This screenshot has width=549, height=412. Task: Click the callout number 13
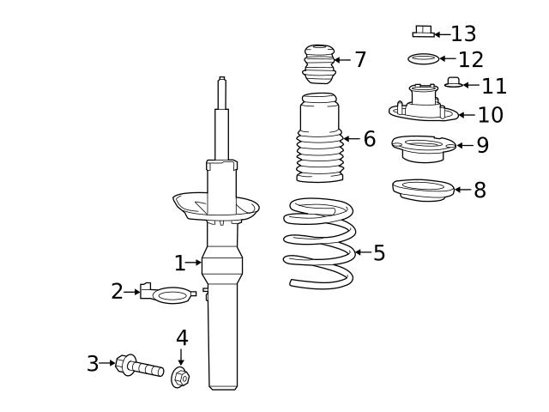[x=463, y=34]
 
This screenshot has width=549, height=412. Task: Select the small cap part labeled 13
[x=422, y=32]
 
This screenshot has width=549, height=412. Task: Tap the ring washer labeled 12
[x=422, y=59]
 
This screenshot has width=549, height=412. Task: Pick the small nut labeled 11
[x=454, y=83]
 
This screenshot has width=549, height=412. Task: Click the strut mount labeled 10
[x=423, y=105]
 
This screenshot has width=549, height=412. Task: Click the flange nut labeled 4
[x=180, y=376]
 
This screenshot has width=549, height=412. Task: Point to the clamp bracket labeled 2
[x=168, y=295]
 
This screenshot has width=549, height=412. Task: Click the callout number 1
[x=179, y=264]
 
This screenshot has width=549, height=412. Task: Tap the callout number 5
[x=379, y=253]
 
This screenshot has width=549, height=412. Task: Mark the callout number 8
[x=480, y=191]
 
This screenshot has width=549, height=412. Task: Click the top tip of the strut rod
[x=221, y=80]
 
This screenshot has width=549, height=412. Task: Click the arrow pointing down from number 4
[x=181, y=356]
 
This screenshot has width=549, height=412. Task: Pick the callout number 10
[x=490, y=115]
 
